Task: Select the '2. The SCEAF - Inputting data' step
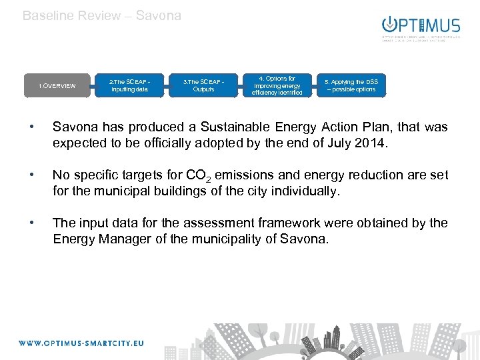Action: (129, 85)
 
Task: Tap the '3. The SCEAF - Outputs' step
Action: (203, 85)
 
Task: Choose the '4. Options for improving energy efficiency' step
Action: (277, 85)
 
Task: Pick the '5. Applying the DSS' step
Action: (351, 85)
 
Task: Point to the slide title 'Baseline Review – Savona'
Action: (102, 15)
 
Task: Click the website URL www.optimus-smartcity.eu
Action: (81, 343)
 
